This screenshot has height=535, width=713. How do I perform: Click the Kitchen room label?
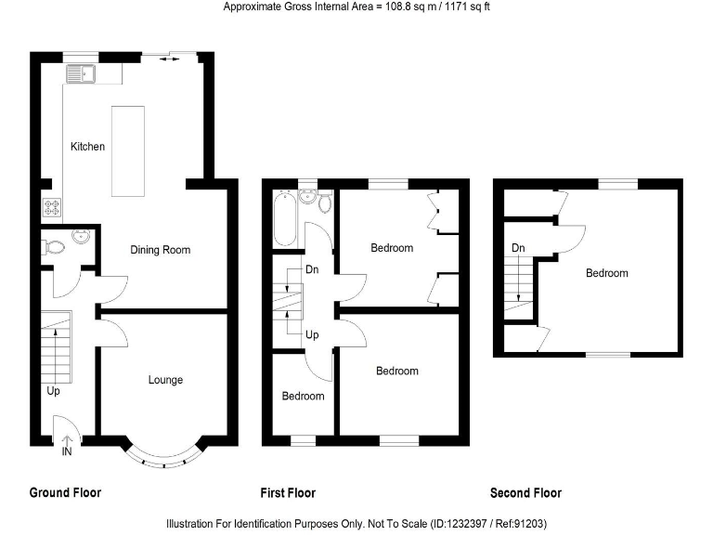tap(88, 147)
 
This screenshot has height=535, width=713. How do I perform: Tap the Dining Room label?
tap(160, 250)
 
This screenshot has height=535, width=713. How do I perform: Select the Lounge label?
tap(165, 380)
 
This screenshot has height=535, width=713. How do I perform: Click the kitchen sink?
tap(82, 72)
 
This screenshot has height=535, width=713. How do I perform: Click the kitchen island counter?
tap(128, 150)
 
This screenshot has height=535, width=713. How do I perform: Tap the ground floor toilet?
tap(56, 246)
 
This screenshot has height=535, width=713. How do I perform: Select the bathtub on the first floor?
tap(285, 219)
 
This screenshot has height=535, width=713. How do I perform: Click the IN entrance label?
tap(66, 452)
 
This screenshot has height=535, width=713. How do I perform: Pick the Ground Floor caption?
tap(65, 493)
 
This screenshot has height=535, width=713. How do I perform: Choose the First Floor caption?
tap(288, 493)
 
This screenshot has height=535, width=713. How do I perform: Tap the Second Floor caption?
tap(525, 493)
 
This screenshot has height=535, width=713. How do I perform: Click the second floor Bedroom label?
tap(606, 273)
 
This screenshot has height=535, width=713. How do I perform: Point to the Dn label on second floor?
tap(518, 248)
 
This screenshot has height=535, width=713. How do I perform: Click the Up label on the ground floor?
tap(53, 391)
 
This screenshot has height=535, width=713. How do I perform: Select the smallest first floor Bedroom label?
tap(304, 397)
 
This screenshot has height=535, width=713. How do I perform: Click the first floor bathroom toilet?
tap(323, 202)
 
